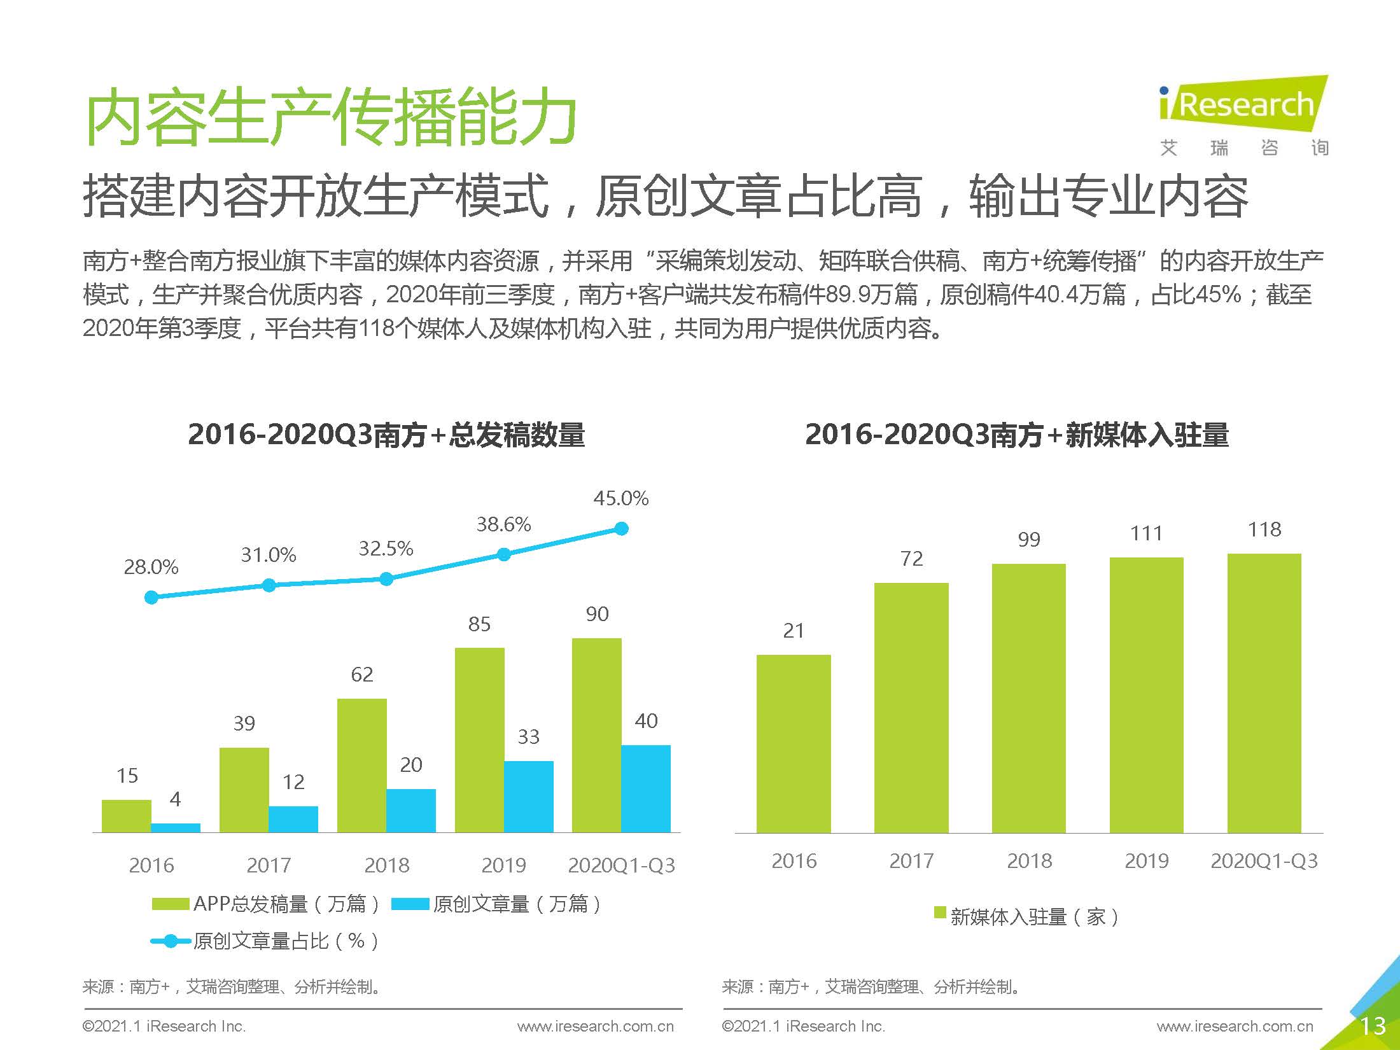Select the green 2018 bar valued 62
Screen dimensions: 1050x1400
(361, 765)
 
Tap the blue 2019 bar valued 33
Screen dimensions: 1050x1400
(528, 796)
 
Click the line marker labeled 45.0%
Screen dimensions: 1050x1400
(622, 529)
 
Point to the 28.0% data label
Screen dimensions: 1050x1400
(151, 567)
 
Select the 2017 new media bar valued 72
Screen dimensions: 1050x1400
(911, 707)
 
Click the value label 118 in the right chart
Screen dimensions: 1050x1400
(1264, 529)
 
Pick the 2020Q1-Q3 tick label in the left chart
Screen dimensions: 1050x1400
(621, 865)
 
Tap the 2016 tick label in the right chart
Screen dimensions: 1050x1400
(794, 861)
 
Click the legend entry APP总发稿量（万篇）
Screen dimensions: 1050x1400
(266, 904)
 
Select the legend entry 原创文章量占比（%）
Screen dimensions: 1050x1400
(266, 941)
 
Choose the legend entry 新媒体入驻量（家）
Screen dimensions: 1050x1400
(1026, 917)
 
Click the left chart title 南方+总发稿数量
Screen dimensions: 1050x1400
(386, 435)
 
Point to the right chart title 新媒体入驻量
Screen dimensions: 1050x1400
(1017, 435)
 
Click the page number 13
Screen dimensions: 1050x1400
(1372, 1026)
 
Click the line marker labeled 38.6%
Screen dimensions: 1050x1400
(504, 555)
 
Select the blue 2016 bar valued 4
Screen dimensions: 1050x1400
(176, 828)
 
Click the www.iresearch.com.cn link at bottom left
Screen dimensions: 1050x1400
(595, 1026)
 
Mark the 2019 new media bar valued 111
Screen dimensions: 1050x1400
(1147, 695)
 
